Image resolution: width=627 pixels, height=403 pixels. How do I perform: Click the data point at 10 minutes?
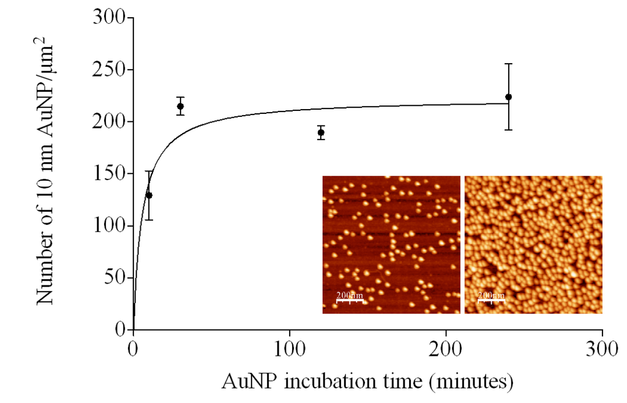click(x=149, y=195)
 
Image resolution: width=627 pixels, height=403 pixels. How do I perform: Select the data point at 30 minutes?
click(x=180, y=107)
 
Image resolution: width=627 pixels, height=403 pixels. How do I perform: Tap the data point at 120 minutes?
click(x=321, y=132)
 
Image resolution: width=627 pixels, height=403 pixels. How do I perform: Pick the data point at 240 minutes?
click(x=508, y=97)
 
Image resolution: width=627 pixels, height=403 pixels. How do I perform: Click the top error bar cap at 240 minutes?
click(x=508, y=64)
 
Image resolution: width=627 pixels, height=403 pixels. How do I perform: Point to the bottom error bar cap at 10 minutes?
click(x=149, y=220)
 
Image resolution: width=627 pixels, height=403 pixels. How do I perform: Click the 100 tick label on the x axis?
click(x=290, y=351)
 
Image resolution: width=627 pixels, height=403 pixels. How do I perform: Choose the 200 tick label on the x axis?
click(x=446, y=351)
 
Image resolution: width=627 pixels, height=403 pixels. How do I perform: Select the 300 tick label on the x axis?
click(x=602, y=351)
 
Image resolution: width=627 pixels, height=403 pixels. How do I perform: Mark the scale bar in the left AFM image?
click(x=349, y=301)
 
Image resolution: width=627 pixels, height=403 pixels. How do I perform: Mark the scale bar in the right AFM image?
click(x=491, y=301)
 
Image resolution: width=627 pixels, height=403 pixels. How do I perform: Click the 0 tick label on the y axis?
click(x=120, y=330)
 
